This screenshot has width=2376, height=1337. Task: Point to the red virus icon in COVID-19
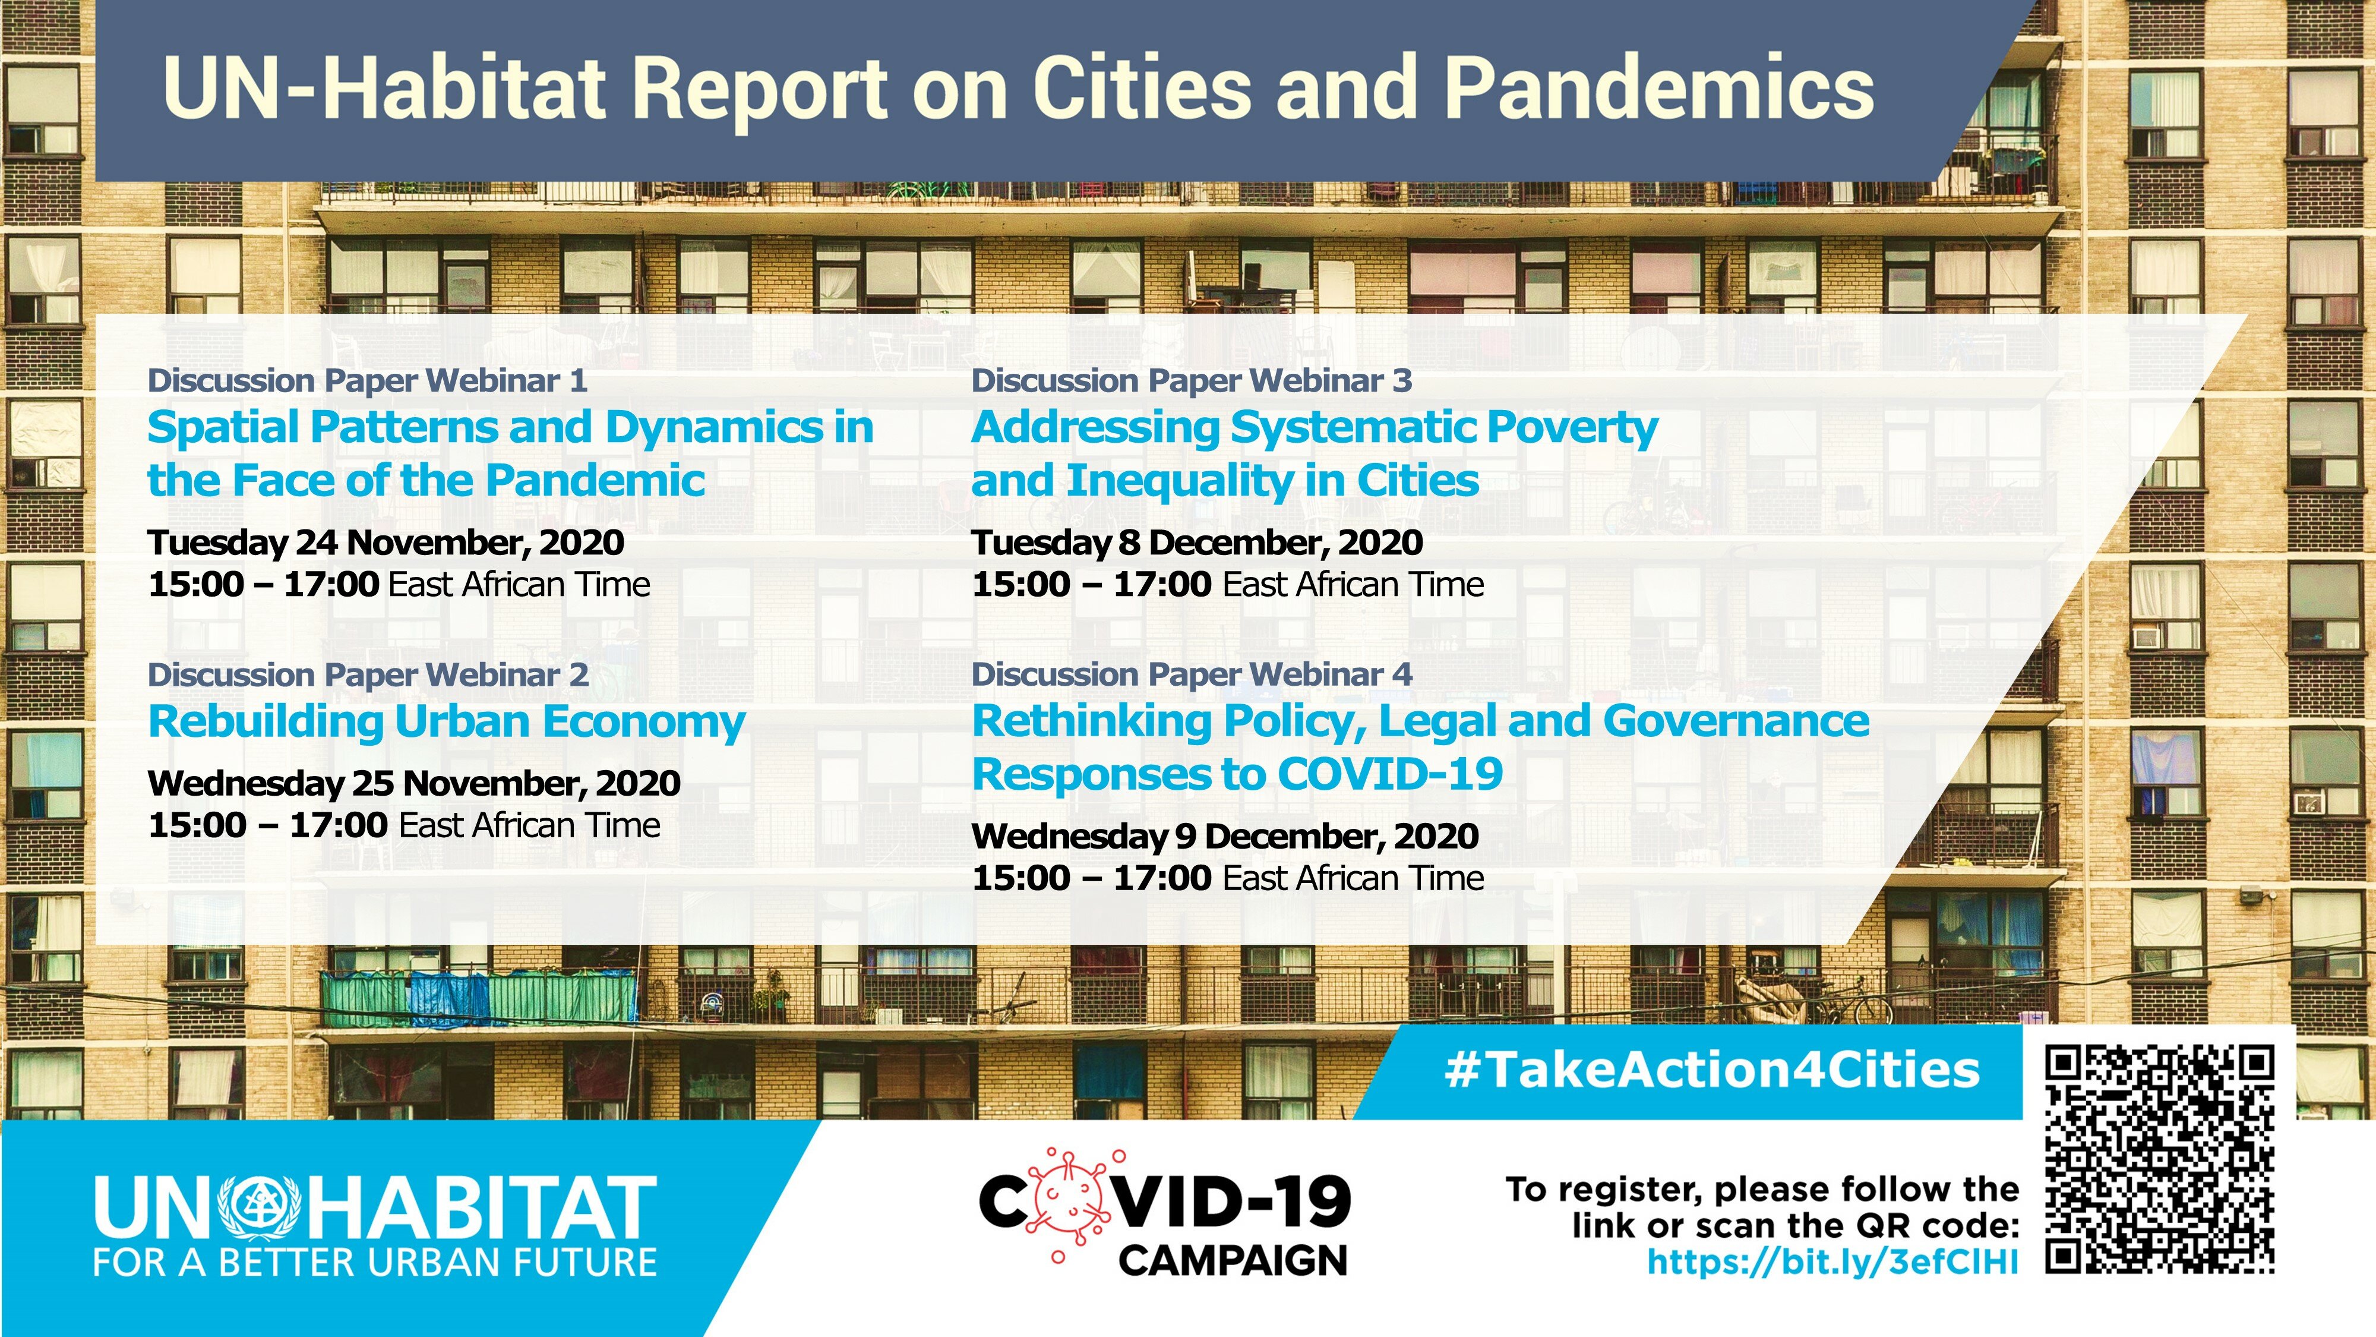coord(1068,1202)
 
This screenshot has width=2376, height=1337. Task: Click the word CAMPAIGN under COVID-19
coord(1233,1260)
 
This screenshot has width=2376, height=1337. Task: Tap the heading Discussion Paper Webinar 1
coord(367,380)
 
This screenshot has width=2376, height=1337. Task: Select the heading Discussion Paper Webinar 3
coord(1192,380)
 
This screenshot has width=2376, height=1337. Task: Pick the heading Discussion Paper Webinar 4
coord(1192,674)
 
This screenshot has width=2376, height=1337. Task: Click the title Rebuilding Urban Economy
coord(447,721)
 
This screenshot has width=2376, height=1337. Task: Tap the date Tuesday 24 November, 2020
coord(386,543)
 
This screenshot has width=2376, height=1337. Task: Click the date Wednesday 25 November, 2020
coord(414,783)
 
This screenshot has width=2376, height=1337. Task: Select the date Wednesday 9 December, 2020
coord(1225,836)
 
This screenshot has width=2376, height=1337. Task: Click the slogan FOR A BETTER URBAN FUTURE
coord(374,1262)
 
